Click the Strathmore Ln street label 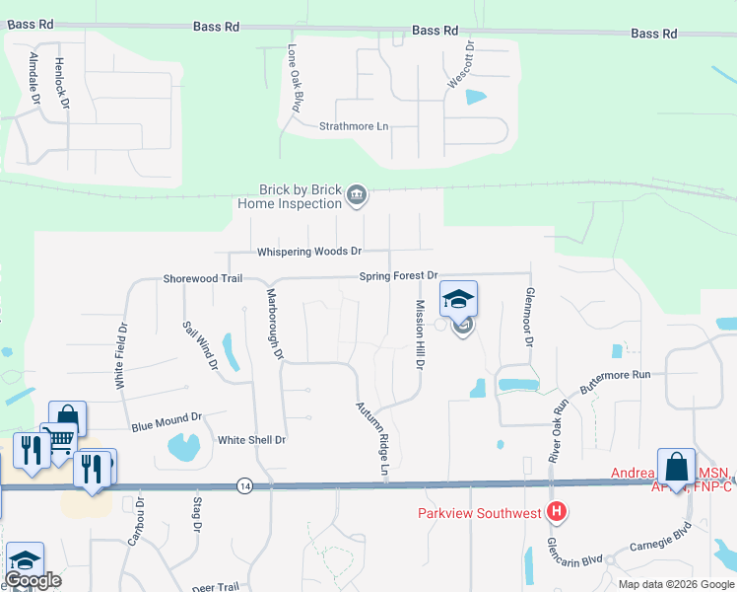pos(355,126)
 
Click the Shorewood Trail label pos(203,279)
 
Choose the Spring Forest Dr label pos(397,276)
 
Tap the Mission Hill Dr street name pos(419,334)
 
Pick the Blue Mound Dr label pos(167,422)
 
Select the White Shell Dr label pos(251,440)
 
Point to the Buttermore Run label pos(616,383)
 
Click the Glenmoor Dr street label pos(528,317)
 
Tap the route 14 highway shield pos(243,484)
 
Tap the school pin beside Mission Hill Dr pos(458,298)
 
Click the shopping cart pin pos(59,439)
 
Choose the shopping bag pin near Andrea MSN pos(676,466)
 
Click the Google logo pos(33,581)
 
